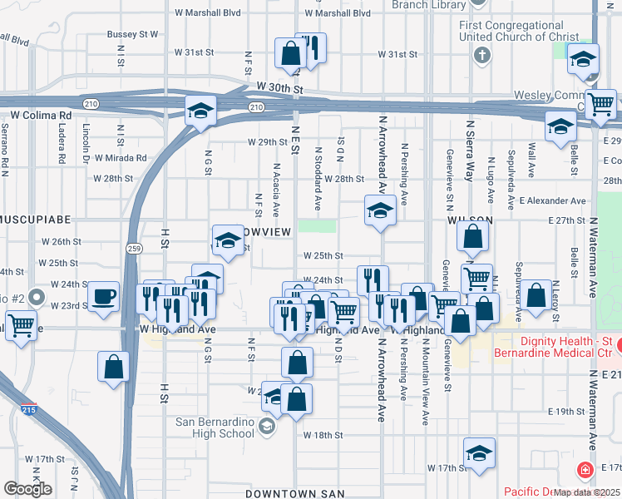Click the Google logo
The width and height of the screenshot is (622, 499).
tap(27, 489)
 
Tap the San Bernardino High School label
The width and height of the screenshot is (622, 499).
tap(215, 427)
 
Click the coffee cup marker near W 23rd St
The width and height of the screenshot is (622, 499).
tap(104, 298)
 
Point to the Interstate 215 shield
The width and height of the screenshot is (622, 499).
tap(28, 408)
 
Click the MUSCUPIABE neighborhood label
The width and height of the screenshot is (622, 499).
tap(32, 220)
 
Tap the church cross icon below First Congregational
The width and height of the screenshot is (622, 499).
tap(481, 55)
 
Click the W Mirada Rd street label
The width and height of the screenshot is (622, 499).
tap(121, 157)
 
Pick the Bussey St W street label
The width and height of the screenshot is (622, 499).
tap(132, 35)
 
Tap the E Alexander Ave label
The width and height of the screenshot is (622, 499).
tap(552, 200)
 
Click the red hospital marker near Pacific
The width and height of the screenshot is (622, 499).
tap(586, 471)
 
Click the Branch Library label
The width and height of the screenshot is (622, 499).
tap(428, 5)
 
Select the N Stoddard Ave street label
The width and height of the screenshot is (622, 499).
tap(318, 179)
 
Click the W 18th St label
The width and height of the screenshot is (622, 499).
tap(323, 435)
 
